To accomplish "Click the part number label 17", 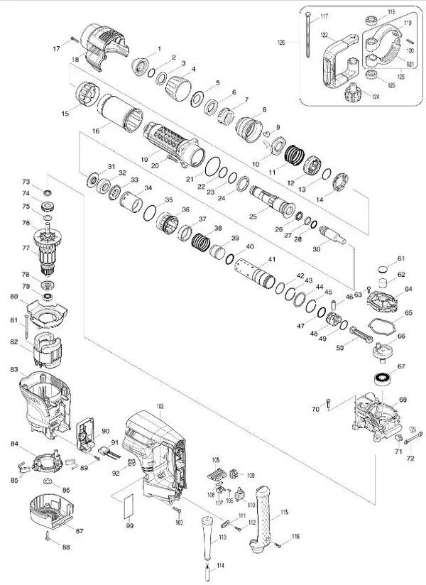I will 57,48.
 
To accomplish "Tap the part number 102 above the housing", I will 160,406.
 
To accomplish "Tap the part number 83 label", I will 13,369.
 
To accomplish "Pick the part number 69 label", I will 403,400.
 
